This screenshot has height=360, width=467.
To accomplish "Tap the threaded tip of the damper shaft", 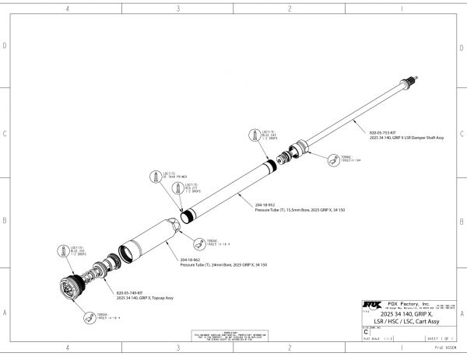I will tap(415, 79).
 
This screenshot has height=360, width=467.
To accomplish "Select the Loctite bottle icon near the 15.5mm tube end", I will tap(252, 135).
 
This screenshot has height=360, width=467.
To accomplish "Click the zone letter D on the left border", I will tap(5, 46).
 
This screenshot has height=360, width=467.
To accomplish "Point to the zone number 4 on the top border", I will tap(68, 9).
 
